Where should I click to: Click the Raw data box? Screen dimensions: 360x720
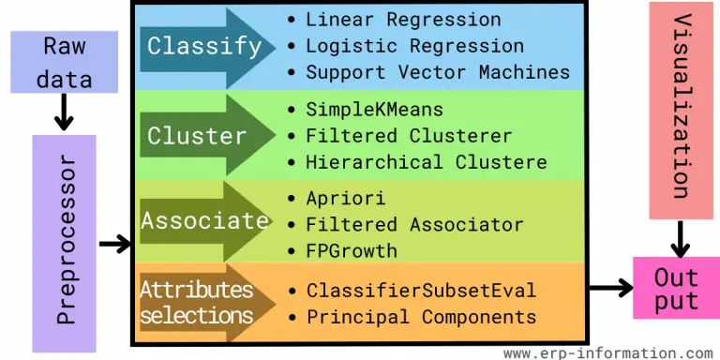pyautogui.click(x=64, y=62)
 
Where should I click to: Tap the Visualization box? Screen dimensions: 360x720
pyautogui.click(x=681, y=107)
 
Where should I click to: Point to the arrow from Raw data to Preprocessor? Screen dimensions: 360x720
pyautogui.click(x=64, y=112)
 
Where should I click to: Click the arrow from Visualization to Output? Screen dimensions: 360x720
pyautogui.click(x=681, y=238)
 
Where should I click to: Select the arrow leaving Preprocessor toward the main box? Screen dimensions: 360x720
pyautogui.click(x=114, y=245)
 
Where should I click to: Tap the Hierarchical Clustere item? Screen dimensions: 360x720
pyautogui.click(x=426, y=161)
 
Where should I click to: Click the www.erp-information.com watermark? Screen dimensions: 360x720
pyautogui.click(x=607, y=352)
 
